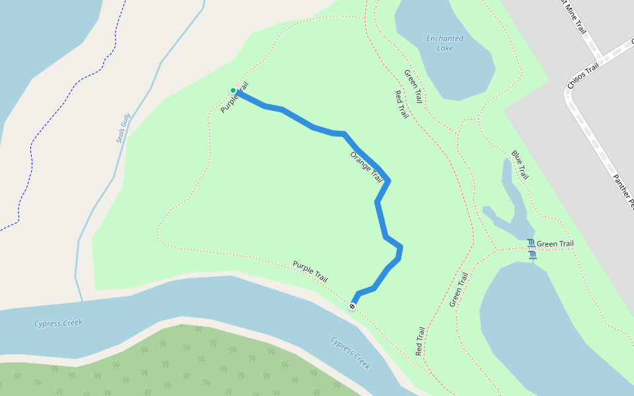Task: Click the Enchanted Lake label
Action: (444, 43)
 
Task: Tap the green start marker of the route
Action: (233, 90)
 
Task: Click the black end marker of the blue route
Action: (353, 306)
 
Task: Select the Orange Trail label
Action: (367, 168)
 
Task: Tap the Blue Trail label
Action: (520, 165)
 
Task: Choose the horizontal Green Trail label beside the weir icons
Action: (555, 244)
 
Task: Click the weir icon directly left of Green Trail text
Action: (530, 244)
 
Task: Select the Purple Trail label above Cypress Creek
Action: (310, 271)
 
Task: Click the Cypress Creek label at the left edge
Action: (57, 323)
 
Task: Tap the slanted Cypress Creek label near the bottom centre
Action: (351, 353)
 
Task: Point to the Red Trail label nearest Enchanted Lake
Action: (401, 104)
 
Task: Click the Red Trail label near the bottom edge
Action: (419, 342)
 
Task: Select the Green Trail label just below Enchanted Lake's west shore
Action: (413, 86)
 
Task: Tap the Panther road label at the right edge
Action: (623, 191)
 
